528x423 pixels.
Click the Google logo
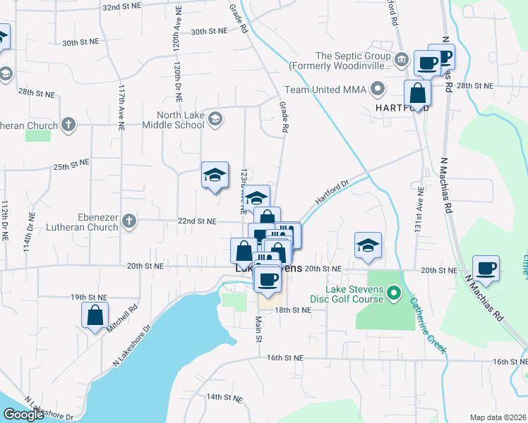[x=23, y=415]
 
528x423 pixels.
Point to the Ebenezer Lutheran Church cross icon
[x=128, y=221]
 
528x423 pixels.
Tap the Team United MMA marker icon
[x=378, y=90]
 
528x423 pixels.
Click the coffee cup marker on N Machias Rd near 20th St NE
[x=486, y=268]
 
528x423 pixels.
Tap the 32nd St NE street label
[x=123, y=6]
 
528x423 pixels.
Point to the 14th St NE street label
[x=224, y=398]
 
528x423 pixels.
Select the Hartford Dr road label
[x=332, y=192]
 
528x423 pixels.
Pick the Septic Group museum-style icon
[x=402, y=59]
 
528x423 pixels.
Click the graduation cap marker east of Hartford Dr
[x=368, y=245]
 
